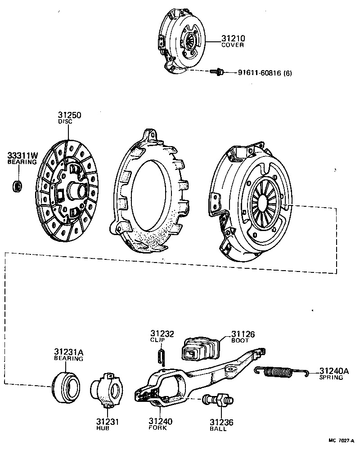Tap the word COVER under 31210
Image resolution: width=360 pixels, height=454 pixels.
232,45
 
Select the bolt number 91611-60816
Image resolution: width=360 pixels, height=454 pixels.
260,73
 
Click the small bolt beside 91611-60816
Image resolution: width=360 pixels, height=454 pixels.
217,71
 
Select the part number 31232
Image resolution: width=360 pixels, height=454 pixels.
162,334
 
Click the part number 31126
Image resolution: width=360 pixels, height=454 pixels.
243,334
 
